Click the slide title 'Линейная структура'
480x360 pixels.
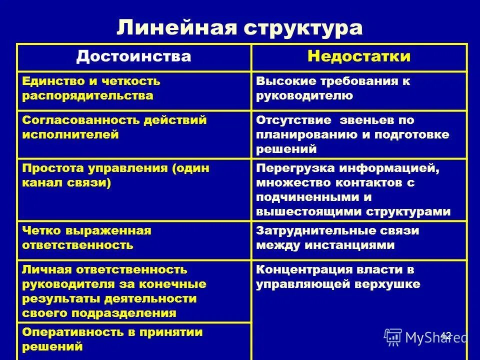[x=239, y=27]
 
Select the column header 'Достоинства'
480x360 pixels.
[x=133, y=56]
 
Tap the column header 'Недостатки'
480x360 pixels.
[x=358, y=56]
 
